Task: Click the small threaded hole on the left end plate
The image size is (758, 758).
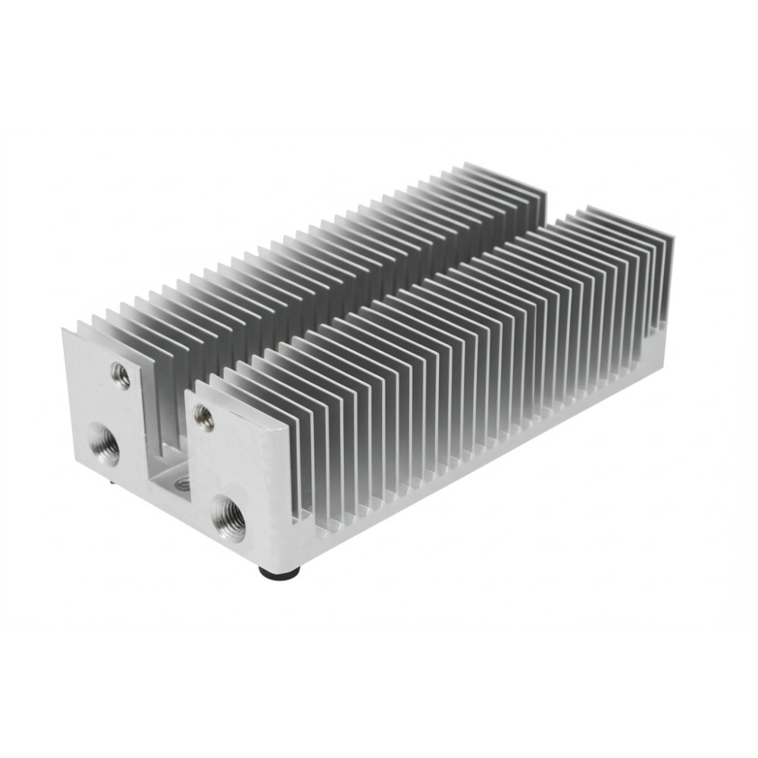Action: (x=121, y=374)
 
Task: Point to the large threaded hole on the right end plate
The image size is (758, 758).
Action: (x=229, y=518)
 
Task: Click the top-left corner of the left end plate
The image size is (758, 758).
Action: (x=64, y=330)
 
